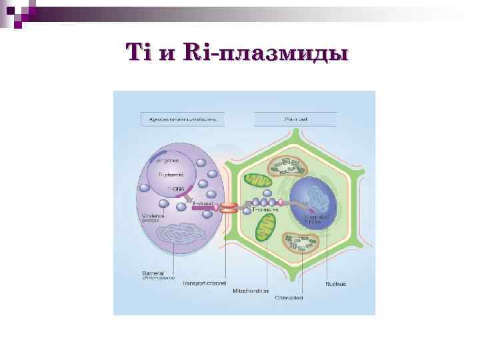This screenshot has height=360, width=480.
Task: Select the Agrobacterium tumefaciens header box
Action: click(x=183, y=120)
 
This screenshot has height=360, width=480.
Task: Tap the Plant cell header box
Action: click(x=295, y=120)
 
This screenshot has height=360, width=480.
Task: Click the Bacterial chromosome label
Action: click(x=157, y=275)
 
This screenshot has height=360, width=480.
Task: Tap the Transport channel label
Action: click(x=205, y=283)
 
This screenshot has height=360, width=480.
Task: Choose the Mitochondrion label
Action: click(x=251, y=291)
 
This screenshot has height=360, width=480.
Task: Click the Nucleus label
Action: click(x=335, y=283)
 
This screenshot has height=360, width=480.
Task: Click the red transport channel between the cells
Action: click(x=228, y=207)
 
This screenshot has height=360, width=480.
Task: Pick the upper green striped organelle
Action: click(x=257, y=182)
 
